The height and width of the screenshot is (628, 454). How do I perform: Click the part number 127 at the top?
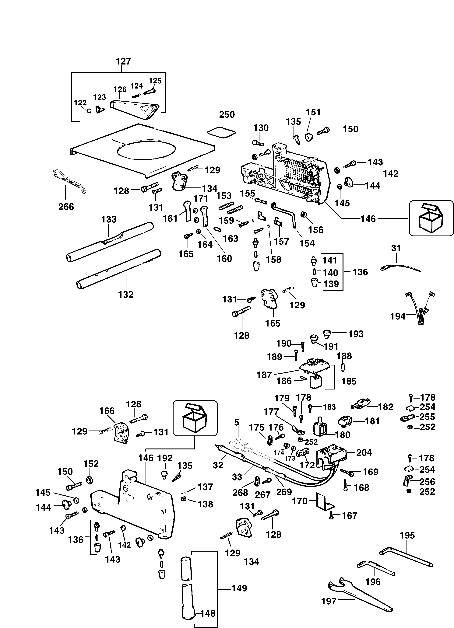[x=123, y=61]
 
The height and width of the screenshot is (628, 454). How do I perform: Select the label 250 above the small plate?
[x=227, y=114]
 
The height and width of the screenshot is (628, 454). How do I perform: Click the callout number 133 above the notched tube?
[x=109, y=219]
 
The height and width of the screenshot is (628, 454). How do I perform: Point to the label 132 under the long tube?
[x=126, y=294]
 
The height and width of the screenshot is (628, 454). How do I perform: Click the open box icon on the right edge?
[x=431, y=218]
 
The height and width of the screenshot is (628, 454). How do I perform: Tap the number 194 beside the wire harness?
[x=398, y=316]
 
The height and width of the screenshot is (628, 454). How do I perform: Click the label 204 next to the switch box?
[x=364, y=452]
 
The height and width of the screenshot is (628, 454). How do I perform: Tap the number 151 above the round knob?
[x=313, y=112]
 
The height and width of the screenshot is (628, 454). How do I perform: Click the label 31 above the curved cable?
[x=396, y=248]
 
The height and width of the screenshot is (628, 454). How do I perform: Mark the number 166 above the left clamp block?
[x=107, y=411]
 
